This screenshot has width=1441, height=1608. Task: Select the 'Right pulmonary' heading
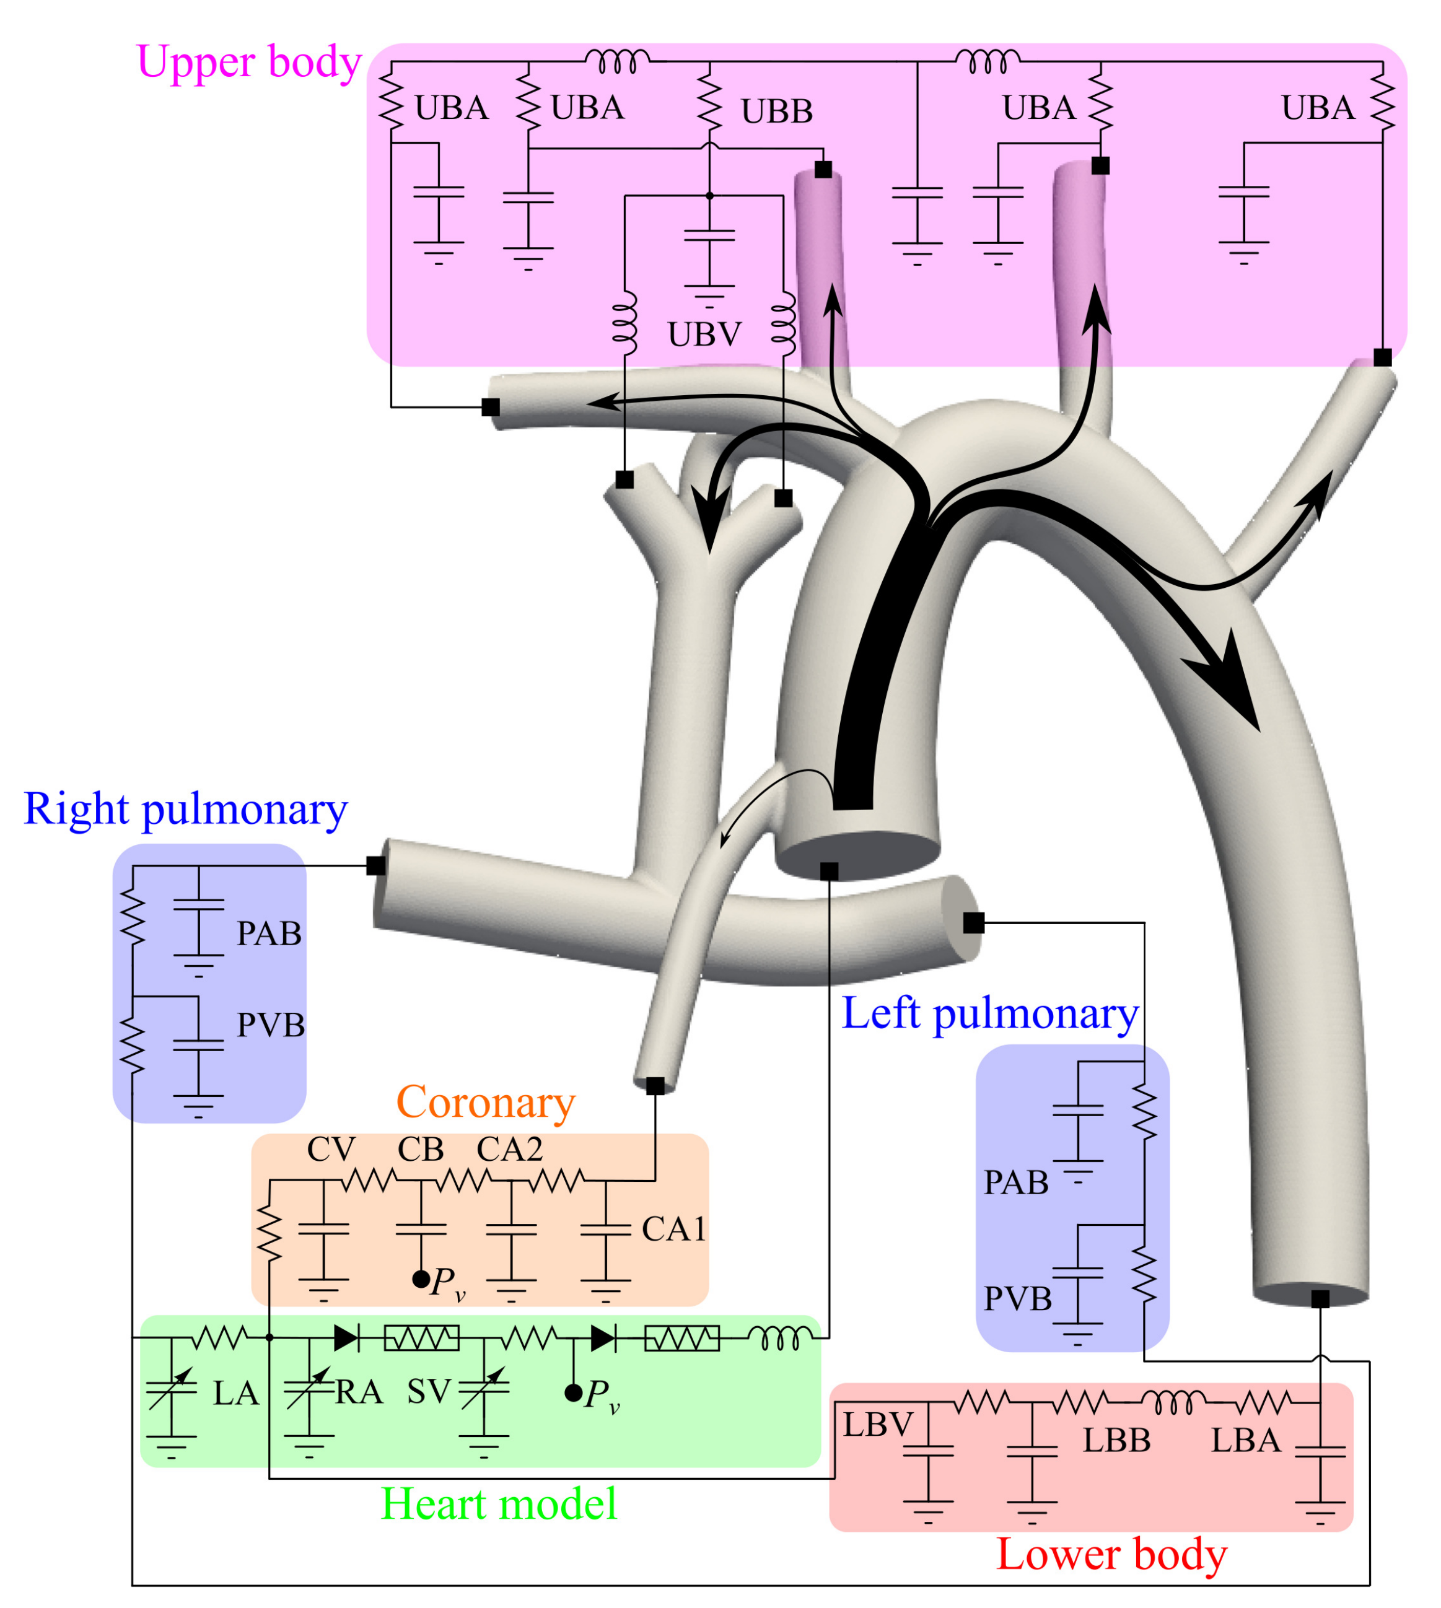[x=185, y=808]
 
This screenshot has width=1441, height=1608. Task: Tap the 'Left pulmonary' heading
[x=990, y=1013]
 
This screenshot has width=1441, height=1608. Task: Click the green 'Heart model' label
[x=498, y=1503]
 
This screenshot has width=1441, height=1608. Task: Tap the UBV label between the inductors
[x=704, y=335]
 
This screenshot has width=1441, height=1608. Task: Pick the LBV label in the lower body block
[x=877, y=1425]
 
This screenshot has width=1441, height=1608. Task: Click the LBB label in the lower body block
[x=1116, y=1440]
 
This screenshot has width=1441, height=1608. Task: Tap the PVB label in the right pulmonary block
[x=271, y=1025]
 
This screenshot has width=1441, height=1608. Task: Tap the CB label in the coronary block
[x=421, y=1150]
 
